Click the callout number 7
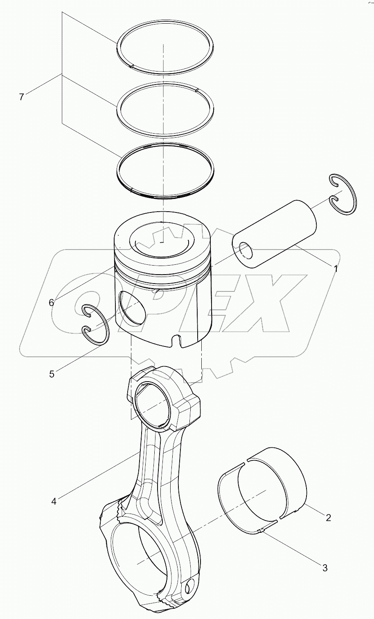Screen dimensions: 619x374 pos(21,97)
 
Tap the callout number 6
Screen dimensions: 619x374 pos(51,302)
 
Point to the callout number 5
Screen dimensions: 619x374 pos(52,374)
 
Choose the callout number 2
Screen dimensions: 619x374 pos(328,518)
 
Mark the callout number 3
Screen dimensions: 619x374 pos(325,568)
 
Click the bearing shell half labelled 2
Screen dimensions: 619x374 pos(282,474)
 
